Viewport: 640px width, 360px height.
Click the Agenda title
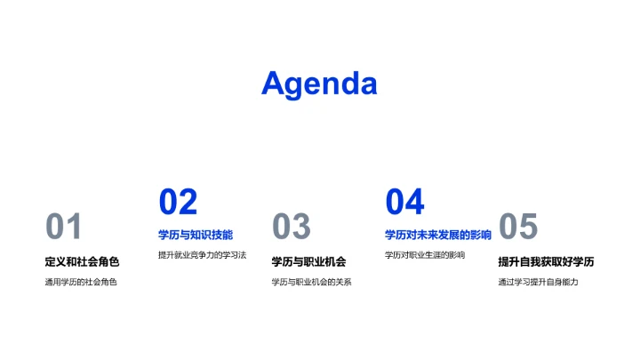coord(319,84)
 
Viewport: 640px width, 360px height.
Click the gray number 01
coord(64,228)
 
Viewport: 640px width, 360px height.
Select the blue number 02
coord(178,203)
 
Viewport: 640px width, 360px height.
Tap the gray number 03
coord(291,228)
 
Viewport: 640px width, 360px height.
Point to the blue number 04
coord(404,203)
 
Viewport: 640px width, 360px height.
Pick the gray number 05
coord(518,228)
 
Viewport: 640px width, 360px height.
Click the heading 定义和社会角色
coord(82,261)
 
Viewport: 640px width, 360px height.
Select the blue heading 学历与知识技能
coord(196,235)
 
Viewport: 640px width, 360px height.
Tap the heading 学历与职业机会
coord(308,261)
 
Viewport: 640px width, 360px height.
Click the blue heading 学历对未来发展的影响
coord(438,235)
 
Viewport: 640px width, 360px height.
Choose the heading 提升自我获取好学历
coord(546,261)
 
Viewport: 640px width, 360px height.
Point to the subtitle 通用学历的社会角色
coord(81,283)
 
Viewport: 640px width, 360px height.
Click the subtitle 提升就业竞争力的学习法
coord(202,255)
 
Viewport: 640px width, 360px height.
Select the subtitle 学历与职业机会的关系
coord(311,283)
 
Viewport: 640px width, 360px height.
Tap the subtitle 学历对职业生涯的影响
coord(425,255)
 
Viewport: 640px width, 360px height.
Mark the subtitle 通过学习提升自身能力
coord(538,283)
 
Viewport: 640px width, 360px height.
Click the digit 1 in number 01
coord(75,228)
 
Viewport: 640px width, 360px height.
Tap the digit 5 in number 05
coord(529,228)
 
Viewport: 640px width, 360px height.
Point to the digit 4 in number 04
coord(415,203)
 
